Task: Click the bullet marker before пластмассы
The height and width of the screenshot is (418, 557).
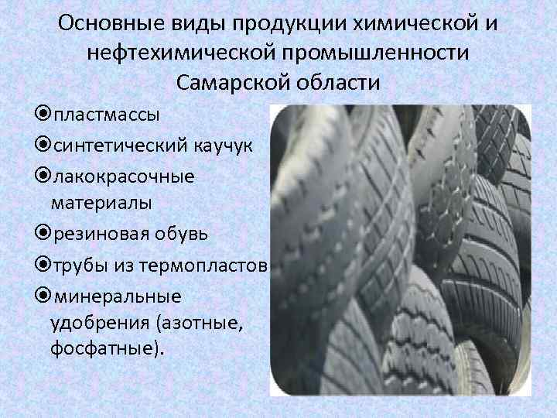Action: coord(42,115)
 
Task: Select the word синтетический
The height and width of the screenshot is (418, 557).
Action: coord(112,146)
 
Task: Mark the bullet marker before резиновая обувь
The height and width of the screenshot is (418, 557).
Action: coord(42,233)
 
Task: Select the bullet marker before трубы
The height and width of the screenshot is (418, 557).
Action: coord(42,265)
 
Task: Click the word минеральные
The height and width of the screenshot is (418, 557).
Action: coord(116,295)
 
